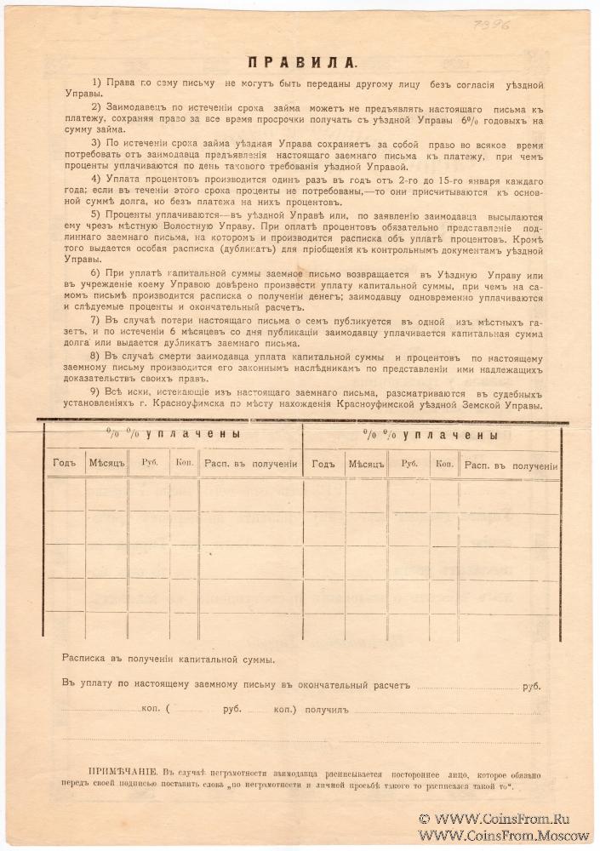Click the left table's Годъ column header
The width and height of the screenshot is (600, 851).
65,465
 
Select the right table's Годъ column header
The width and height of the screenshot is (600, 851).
324,465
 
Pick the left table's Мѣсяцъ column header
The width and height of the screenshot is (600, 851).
107,465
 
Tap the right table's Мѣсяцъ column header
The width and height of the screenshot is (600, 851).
367,465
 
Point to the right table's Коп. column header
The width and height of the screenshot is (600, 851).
444,465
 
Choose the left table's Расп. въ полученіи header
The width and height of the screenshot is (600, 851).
250,465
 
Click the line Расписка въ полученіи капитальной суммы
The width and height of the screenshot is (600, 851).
168,659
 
